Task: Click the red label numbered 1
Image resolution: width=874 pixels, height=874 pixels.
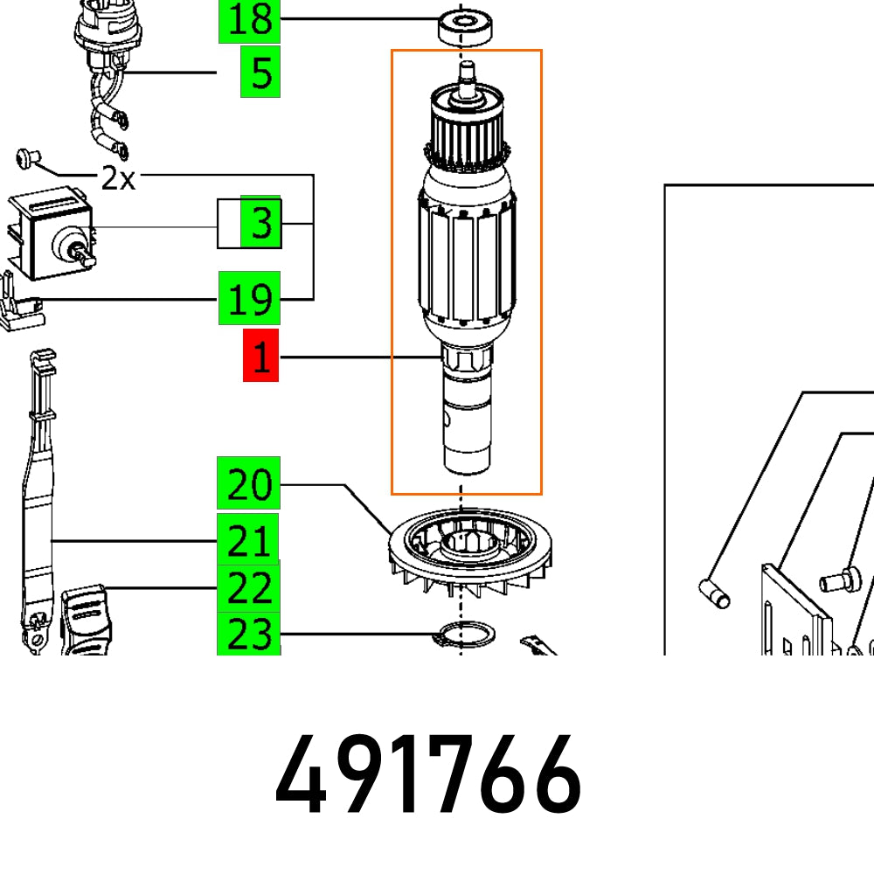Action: pyautogui.click(x=260, y=357)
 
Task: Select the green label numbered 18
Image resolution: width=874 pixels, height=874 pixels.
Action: pyautogui.click(x=249, y=20)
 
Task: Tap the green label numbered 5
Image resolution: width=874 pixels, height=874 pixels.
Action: pyautogui.click(x=260, y=73)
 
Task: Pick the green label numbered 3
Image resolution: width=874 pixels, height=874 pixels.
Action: pyautogui.click(x=260, y=224)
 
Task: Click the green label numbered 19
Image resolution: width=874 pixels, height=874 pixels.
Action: pyautogui.click(x=249, y=299)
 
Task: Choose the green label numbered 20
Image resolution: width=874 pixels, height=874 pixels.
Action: pyautogui.click(x=249, y=483)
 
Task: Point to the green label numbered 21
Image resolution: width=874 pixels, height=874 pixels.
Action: pyautogui.click(x=249, y=541)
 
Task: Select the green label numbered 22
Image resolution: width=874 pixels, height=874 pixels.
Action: pyautogui.click(x=249, y=589)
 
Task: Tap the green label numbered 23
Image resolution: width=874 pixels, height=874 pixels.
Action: pyautogui.click(x=249, y=634)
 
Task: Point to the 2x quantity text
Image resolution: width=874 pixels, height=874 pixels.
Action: pyautogui.click(x=118, y=179)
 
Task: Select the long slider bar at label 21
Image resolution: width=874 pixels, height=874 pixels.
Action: pyautogui.click(x=35, y=498)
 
